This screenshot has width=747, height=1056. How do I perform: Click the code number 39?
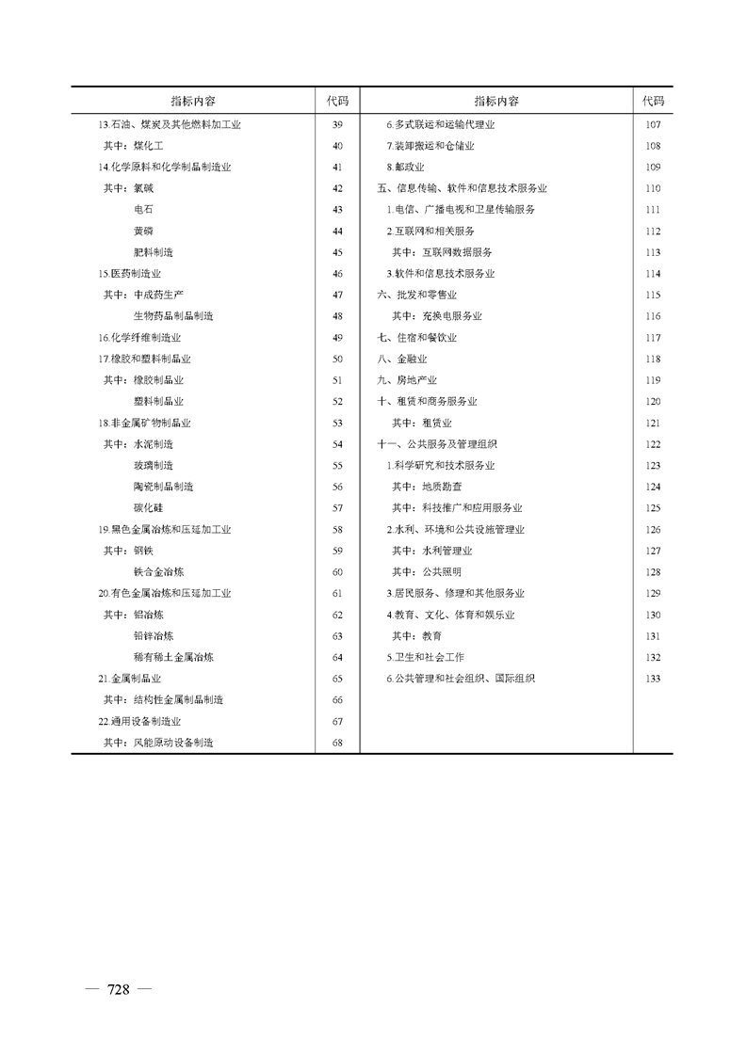[337, 124]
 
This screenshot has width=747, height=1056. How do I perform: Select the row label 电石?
[143, 209]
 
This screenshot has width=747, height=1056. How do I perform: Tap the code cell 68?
[337, 743]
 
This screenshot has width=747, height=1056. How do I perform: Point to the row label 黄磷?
[143, 231]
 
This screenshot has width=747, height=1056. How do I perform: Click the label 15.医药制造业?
[128, 273]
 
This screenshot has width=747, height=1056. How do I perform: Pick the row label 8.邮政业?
[405, 167]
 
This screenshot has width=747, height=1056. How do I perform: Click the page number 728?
[118, 988]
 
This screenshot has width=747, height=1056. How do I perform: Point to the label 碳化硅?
[148, 507]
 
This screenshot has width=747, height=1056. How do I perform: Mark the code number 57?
[337, 507]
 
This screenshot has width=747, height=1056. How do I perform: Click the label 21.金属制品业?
[130, 678]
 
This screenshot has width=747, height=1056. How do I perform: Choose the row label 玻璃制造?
[154, 465]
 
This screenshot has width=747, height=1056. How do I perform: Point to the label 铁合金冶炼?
[158, 571]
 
